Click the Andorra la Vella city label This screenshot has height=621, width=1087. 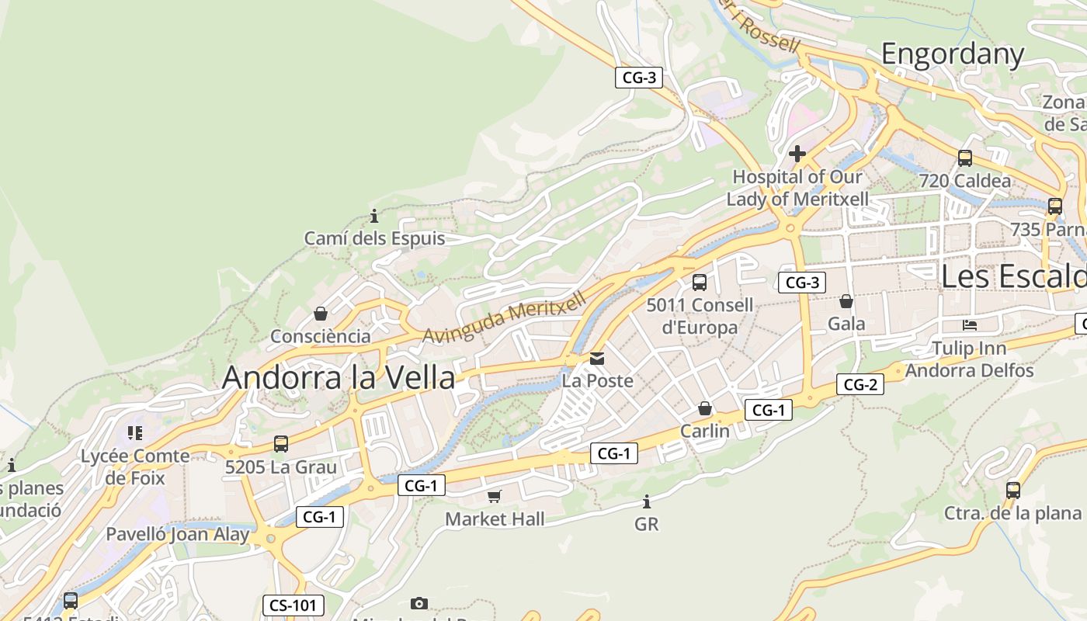(x=339, y=377)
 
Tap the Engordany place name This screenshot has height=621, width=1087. (x=953, y=54)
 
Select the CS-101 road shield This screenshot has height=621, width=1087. (x=293, y=605)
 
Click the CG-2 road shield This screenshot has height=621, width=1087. (x=860, y=384)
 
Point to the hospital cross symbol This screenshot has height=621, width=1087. (x=797, y=154)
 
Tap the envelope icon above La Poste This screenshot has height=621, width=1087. (x=597, y=359)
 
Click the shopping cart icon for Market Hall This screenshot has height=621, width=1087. (x=495, y=496)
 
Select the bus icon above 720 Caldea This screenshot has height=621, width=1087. (x=965, y=158)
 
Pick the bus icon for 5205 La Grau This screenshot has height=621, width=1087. (x=281, y=444)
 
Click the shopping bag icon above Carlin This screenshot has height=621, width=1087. (x=705, y=408)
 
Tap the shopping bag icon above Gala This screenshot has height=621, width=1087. (x=846, y=301)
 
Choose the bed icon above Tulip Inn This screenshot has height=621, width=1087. (x=969, y=324)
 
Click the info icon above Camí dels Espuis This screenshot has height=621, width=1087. (x=374, y=216)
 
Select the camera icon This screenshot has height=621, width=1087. (x=419, y=603)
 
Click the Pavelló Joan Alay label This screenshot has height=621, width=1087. (x=178, y=534)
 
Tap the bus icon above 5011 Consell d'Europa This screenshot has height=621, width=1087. (x=700, y=283)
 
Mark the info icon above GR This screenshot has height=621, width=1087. (x=646, y=502)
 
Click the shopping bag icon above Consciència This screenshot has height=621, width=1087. (x=320, y=314)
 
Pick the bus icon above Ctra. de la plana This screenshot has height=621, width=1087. (x=1013, y=491)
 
